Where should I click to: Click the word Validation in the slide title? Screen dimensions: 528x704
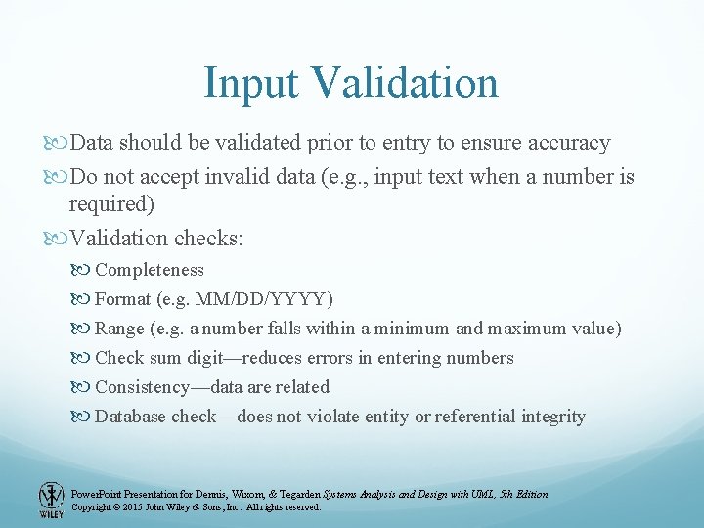[406, 83]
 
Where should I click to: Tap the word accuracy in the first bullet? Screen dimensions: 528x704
[556, 143]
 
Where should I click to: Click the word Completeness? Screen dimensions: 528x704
[150, 270]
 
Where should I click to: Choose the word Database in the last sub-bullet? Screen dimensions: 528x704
[131, 417]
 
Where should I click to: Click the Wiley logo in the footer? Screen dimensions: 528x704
[50, 499]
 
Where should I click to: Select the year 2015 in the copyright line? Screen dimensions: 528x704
[135, 507]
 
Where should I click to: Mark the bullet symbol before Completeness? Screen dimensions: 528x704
[82, 270]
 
